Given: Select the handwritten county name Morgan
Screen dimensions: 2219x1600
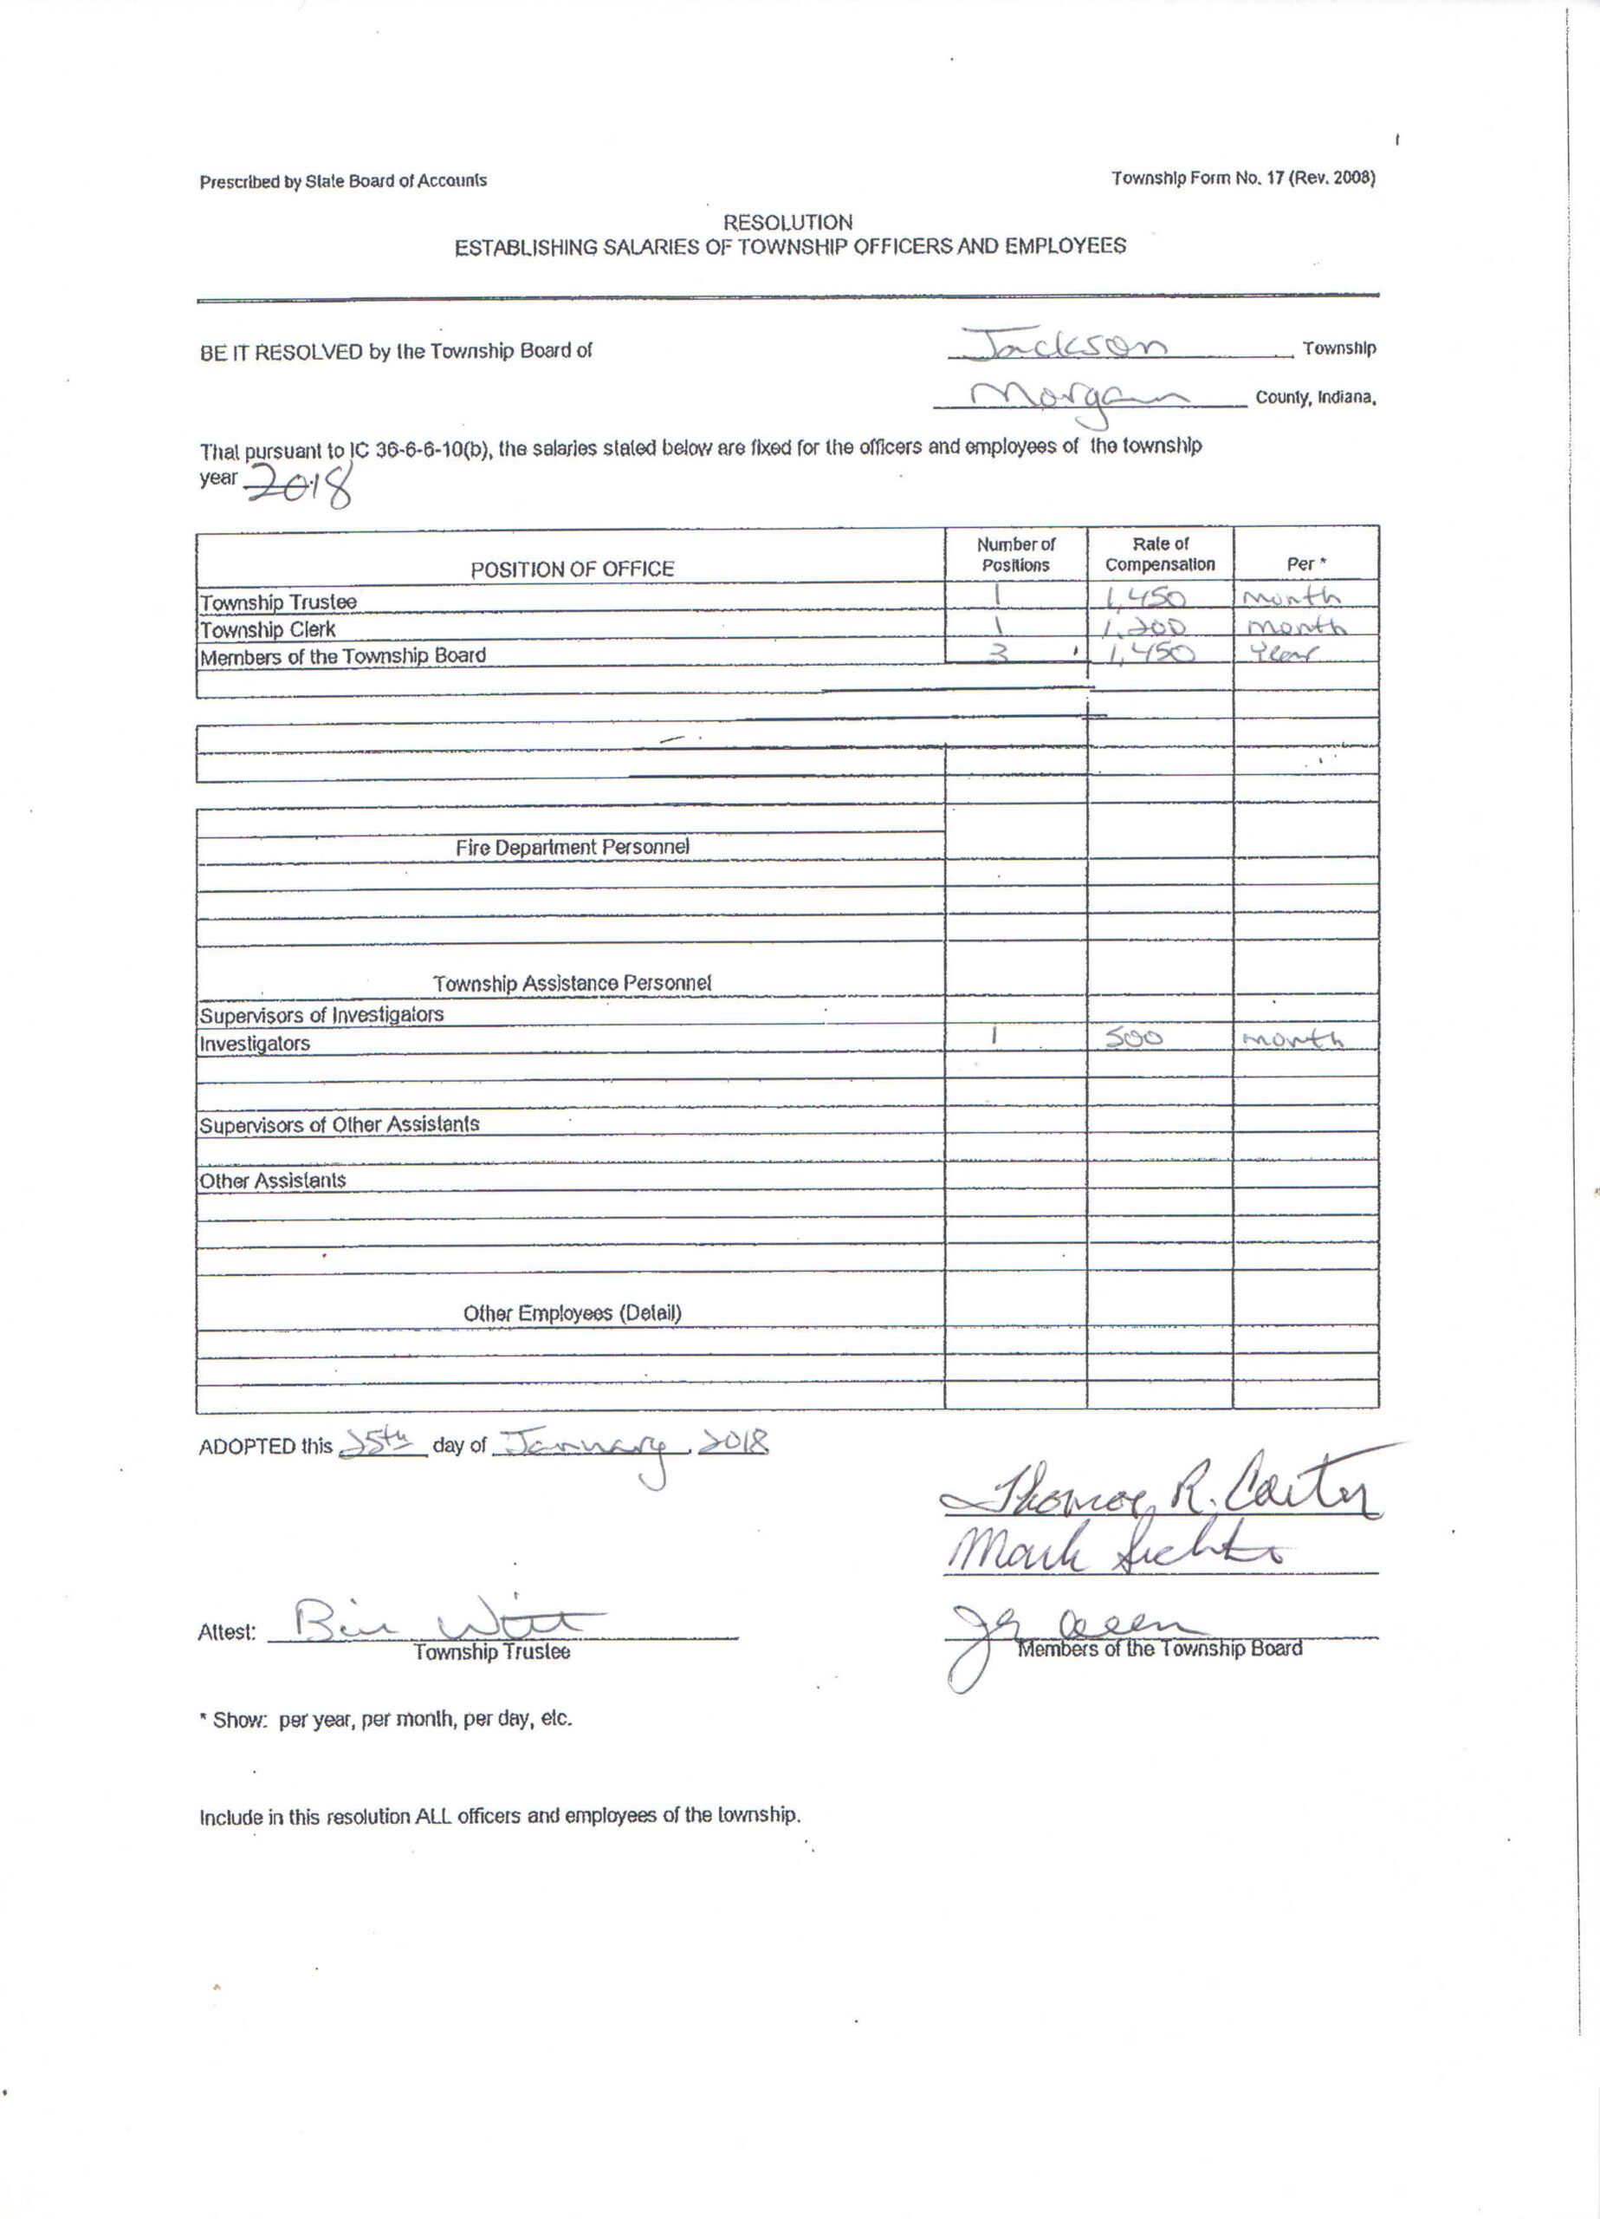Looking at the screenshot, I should [x=1076, y=398].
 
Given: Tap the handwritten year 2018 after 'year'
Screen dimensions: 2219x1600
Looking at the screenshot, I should [x=298, y=484].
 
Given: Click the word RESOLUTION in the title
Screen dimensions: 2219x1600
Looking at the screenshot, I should [x=787, y=222].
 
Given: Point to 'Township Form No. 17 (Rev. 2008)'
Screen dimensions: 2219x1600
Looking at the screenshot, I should [x=1242, y=178].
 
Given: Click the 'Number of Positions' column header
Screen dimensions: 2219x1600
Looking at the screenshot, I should [x=1015, y=555].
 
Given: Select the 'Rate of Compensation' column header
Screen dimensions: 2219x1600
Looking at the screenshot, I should [x=1160, y=554].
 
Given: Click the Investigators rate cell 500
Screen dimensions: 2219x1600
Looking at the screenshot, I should [x=1135, y=1039].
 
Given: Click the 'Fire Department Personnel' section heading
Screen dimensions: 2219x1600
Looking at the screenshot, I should [x=572, y=847].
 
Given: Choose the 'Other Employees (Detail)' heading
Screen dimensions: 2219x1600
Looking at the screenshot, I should [x=572, y=1313].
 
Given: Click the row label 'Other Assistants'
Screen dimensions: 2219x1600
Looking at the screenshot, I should [x=273, y=1181].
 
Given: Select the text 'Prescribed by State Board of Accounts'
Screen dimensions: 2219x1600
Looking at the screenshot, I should [x=343, y=181].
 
